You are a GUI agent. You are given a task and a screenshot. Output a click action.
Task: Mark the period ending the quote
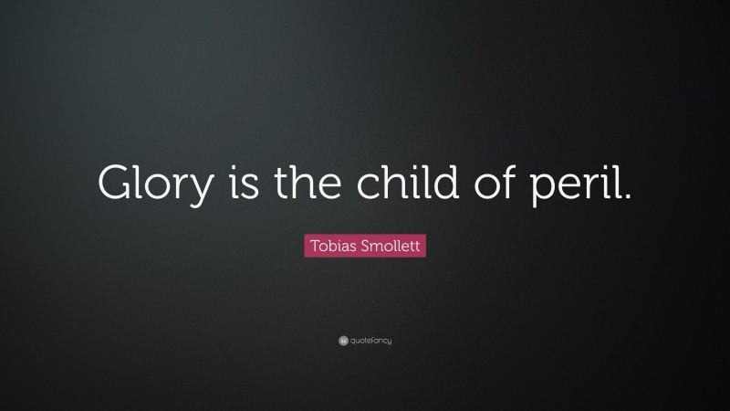tap(627, 195)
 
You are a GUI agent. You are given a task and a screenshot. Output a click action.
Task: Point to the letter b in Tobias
tap(331, 246)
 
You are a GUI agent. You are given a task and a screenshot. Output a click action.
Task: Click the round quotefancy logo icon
tap(343, 341)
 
